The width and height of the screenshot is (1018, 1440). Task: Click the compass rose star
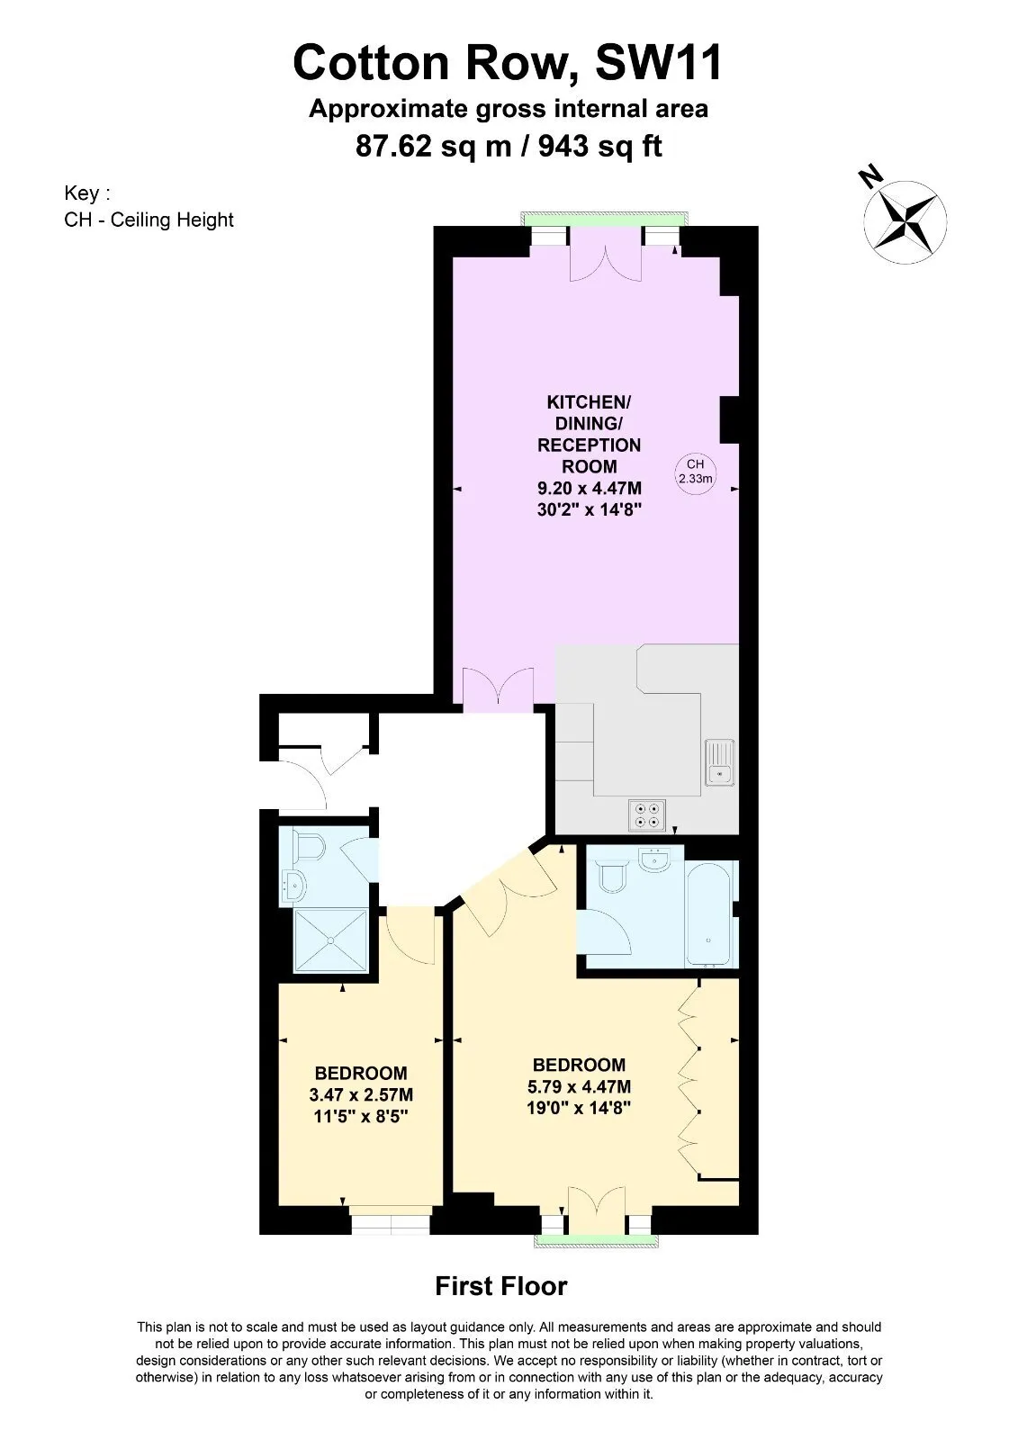pos(905,221)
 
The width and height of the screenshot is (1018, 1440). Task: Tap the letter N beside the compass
pos(870,175)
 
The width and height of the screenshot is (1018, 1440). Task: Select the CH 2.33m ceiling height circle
pos(695,472)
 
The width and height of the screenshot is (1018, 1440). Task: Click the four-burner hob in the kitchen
pos(647,815)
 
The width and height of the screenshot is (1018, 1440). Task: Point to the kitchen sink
pos(719,762)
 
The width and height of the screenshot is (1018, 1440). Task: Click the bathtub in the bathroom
pos(708,913)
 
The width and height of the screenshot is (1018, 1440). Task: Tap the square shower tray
pos(330,940)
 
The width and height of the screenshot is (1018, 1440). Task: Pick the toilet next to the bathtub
pos(611,877)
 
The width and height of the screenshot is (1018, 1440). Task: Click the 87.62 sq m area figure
pos(434,147)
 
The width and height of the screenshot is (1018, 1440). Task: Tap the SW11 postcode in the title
pos(659,62)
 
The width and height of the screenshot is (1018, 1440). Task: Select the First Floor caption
pos(501,1286)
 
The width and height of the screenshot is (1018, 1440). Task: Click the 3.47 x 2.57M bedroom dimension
pos(361,1094)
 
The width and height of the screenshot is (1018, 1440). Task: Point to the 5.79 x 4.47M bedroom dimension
pos(579,1086)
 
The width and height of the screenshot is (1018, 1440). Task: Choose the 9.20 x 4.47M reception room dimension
pos(589,488)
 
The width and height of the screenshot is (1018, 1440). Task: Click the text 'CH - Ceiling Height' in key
pos(149,220)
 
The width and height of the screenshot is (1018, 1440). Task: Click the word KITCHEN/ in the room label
pos(589,402)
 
